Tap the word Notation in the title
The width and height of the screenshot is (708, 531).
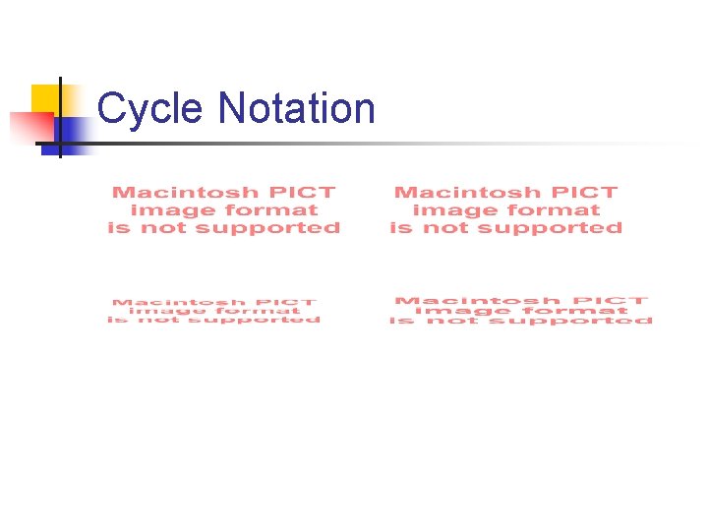297,108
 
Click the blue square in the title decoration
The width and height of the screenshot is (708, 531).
71,134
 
